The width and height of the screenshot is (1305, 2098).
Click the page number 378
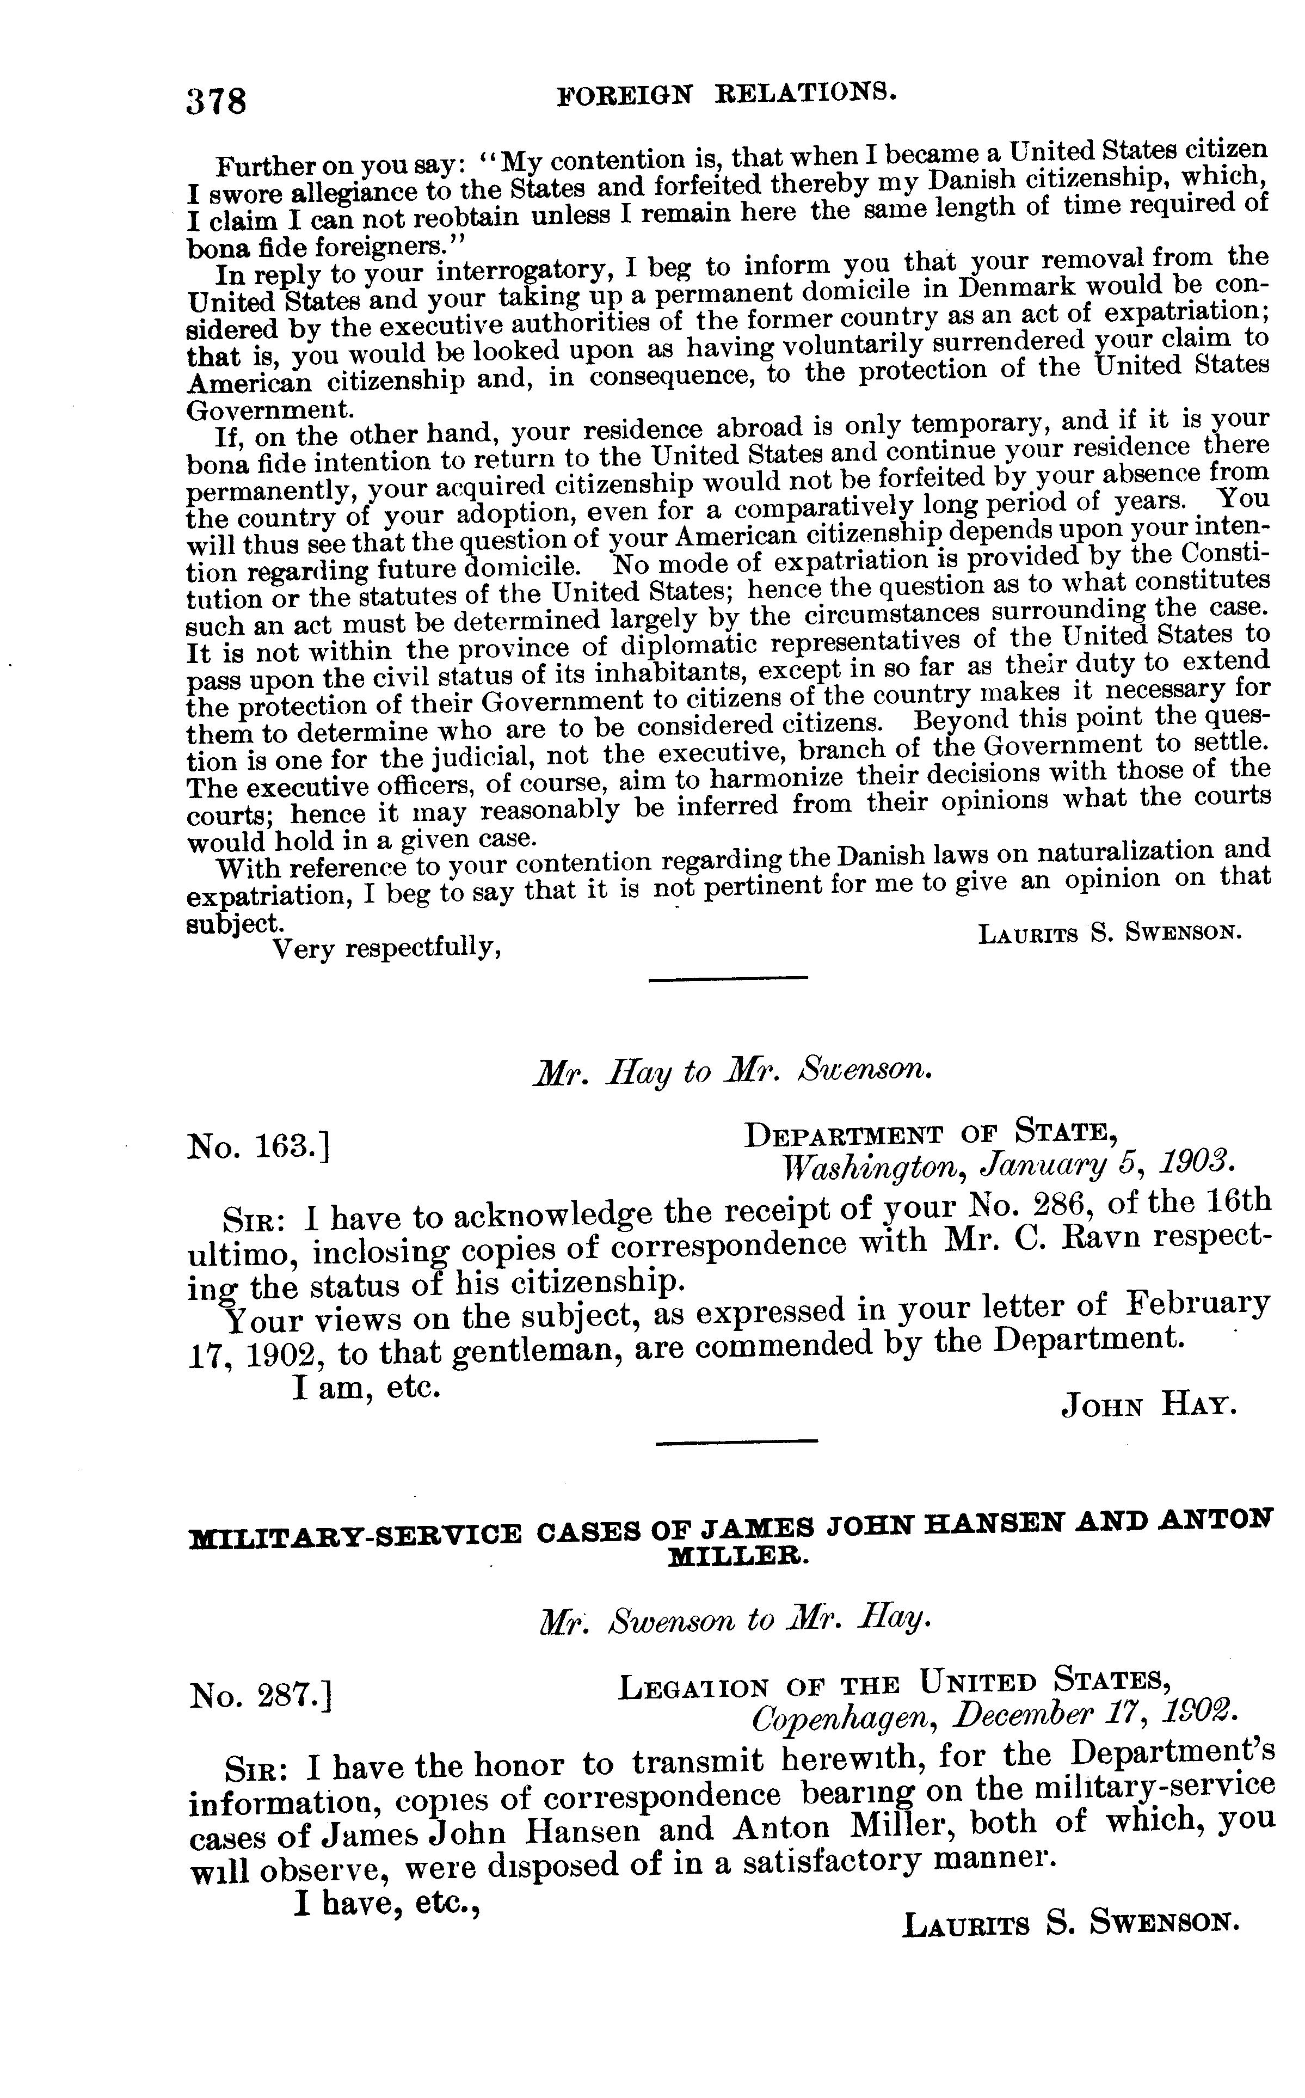point(217,101)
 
